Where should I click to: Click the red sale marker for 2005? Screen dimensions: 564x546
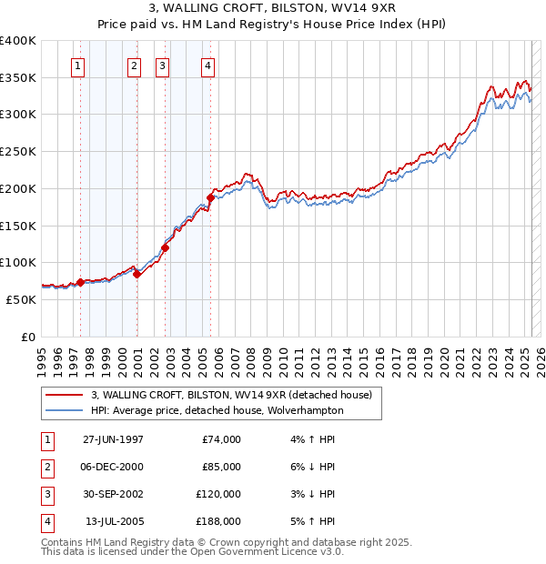pos(210,196)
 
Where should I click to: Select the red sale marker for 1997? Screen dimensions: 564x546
pos(80,282)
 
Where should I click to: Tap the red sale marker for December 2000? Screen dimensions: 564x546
pos(136,274)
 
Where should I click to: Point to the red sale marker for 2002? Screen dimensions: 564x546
pos(166,247)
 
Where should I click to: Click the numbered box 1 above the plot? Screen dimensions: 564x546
pos(77,65)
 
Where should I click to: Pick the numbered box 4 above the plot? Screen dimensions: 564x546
pos(208,65)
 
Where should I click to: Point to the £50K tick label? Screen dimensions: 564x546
pos(21,299)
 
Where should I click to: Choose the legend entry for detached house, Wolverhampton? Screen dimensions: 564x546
pos(217,410)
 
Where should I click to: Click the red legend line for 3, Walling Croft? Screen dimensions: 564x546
pos(64,396)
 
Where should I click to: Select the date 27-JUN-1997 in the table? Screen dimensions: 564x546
pos(113,439)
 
